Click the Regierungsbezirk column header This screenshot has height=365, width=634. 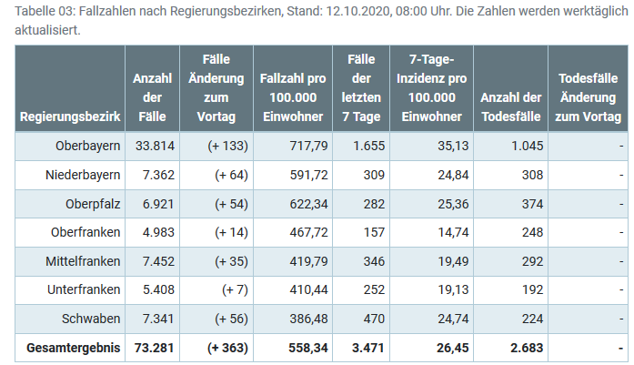69,117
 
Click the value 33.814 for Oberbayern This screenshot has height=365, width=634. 154,146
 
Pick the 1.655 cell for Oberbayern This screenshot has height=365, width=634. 358,146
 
